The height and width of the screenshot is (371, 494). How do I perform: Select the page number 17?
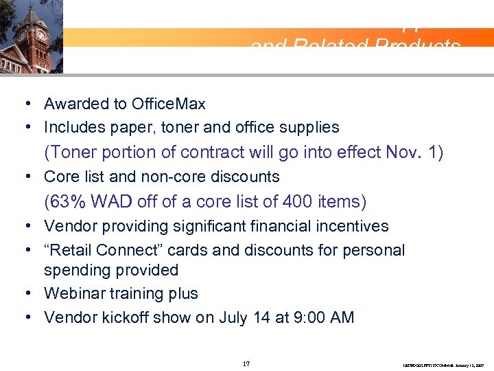click(x=246, y=363)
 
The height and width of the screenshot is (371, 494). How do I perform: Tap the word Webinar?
click(x=72, y=294)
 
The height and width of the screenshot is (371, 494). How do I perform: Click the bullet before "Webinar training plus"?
click(x=25, y=294)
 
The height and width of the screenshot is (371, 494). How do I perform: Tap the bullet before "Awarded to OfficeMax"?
click(x=25, y=104)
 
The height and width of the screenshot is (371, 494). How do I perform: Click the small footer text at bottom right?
click(x=443, y=365)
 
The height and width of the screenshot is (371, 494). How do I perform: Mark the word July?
click(x=234, y=317)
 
